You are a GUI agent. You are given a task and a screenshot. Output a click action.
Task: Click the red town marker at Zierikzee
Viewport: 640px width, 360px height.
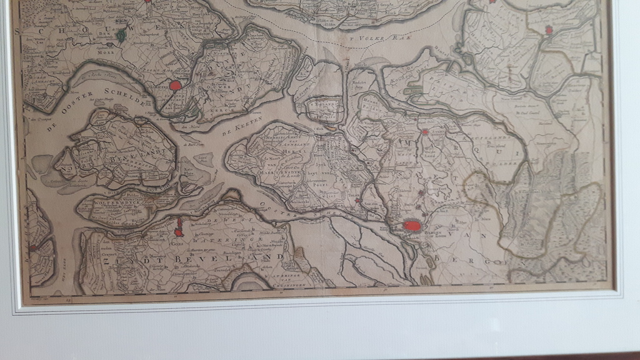(176, 85)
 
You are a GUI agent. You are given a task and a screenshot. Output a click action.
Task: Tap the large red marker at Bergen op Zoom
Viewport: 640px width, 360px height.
(412, 225)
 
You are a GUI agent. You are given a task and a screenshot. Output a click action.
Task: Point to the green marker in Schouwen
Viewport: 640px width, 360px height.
(121, 36)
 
